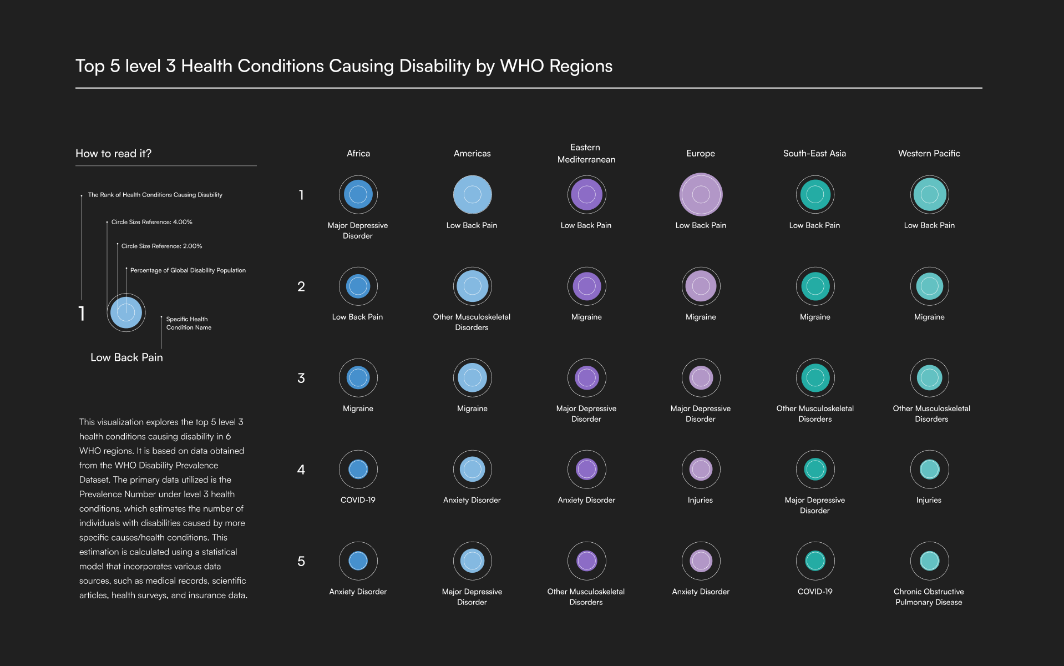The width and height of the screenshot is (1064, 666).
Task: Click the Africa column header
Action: [x=358, y=153]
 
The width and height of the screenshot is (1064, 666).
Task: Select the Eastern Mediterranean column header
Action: [x=586, y=153]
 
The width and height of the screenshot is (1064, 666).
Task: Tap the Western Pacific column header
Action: [x=929, y=153]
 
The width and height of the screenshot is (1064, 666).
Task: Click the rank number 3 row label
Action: [x=301, y=378]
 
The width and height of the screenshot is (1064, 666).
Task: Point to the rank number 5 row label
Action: [x=301, y=561]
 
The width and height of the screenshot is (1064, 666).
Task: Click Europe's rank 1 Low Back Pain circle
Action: [x=701, y=194]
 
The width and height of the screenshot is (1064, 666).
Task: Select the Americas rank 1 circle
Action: [x=472, y=194]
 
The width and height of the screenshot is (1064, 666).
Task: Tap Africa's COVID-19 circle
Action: [x=358, y=470]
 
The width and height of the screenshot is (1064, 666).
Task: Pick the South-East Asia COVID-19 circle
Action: [x=815, y=561]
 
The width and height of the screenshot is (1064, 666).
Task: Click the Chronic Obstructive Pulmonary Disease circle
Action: [x=929, y=561]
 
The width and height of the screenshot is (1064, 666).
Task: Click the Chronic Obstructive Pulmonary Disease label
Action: [x=929, y=597]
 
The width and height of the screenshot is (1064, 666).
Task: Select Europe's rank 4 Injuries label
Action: [x=700, y=500]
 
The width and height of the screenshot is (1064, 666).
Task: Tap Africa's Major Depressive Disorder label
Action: [x=358, y=230]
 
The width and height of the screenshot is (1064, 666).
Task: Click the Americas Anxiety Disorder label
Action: [x=472, y=500]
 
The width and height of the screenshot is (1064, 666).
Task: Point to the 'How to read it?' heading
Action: [x=113, y=153]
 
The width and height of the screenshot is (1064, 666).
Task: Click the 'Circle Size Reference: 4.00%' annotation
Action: [x=151, y=222]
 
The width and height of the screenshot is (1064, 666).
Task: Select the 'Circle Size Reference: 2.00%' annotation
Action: [x=161, y=246]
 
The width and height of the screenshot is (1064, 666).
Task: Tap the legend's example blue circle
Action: [x=126, y=312]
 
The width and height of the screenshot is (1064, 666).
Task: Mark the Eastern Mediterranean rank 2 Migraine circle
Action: [x=586, y=286]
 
